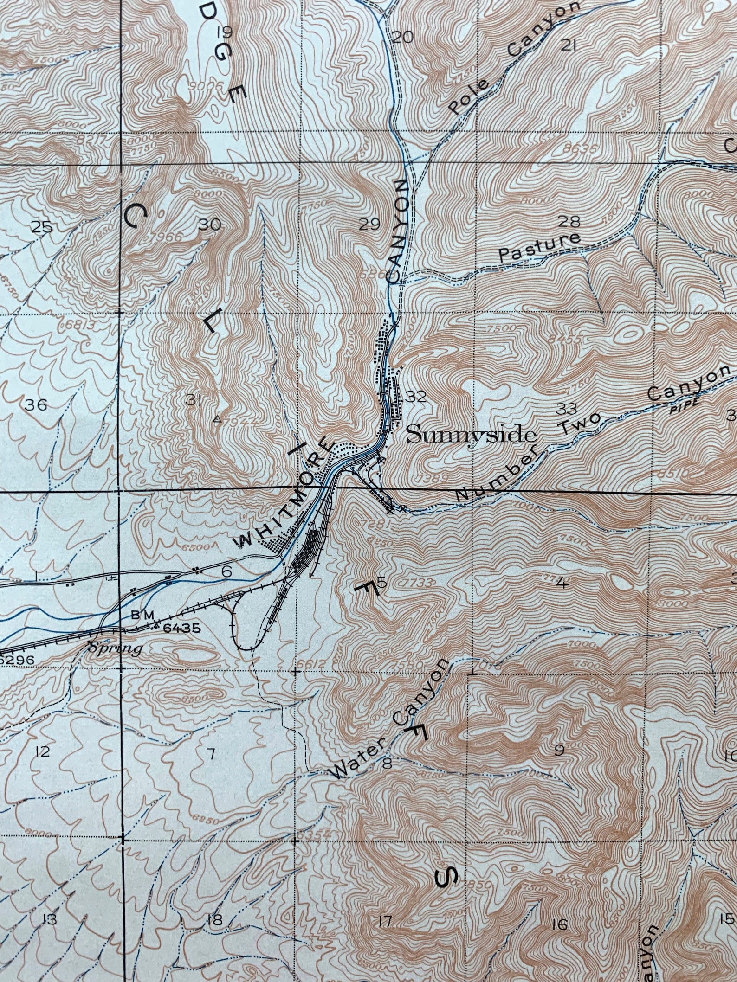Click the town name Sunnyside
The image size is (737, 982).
point(471,436)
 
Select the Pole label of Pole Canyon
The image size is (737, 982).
point(469,97)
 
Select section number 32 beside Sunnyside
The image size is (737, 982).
point(415,396)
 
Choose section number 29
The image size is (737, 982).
point(369,225)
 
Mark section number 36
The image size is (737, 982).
point(36,405)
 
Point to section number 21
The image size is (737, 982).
point(568,45)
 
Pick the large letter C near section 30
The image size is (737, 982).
point(136,217)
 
